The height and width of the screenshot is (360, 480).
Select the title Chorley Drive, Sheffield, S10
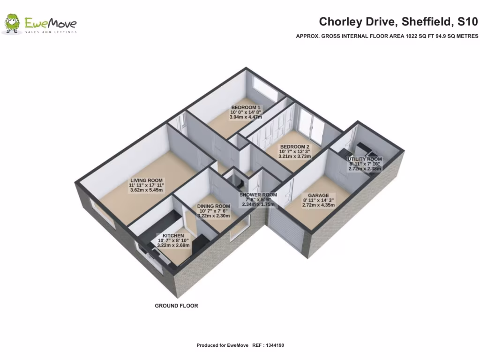[x=398, y=22]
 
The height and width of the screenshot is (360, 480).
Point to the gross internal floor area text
[x=387, y=36]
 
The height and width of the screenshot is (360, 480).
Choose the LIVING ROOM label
[x=146, y=180]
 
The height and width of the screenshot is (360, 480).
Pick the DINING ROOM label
[x=213, y=206]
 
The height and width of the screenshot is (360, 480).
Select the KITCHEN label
[x=173, y=236]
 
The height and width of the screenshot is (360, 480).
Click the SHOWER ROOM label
[x=258, y=195]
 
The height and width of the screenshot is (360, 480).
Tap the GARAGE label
[x=318, y=195]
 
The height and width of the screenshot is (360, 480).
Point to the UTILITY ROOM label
[x=365, y=159]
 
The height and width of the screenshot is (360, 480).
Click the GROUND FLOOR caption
[x=176, y=306]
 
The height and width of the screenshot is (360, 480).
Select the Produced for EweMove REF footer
[x=240, y=345]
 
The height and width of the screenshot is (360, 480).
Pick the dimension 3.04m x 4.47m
[x=245, y=117]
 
